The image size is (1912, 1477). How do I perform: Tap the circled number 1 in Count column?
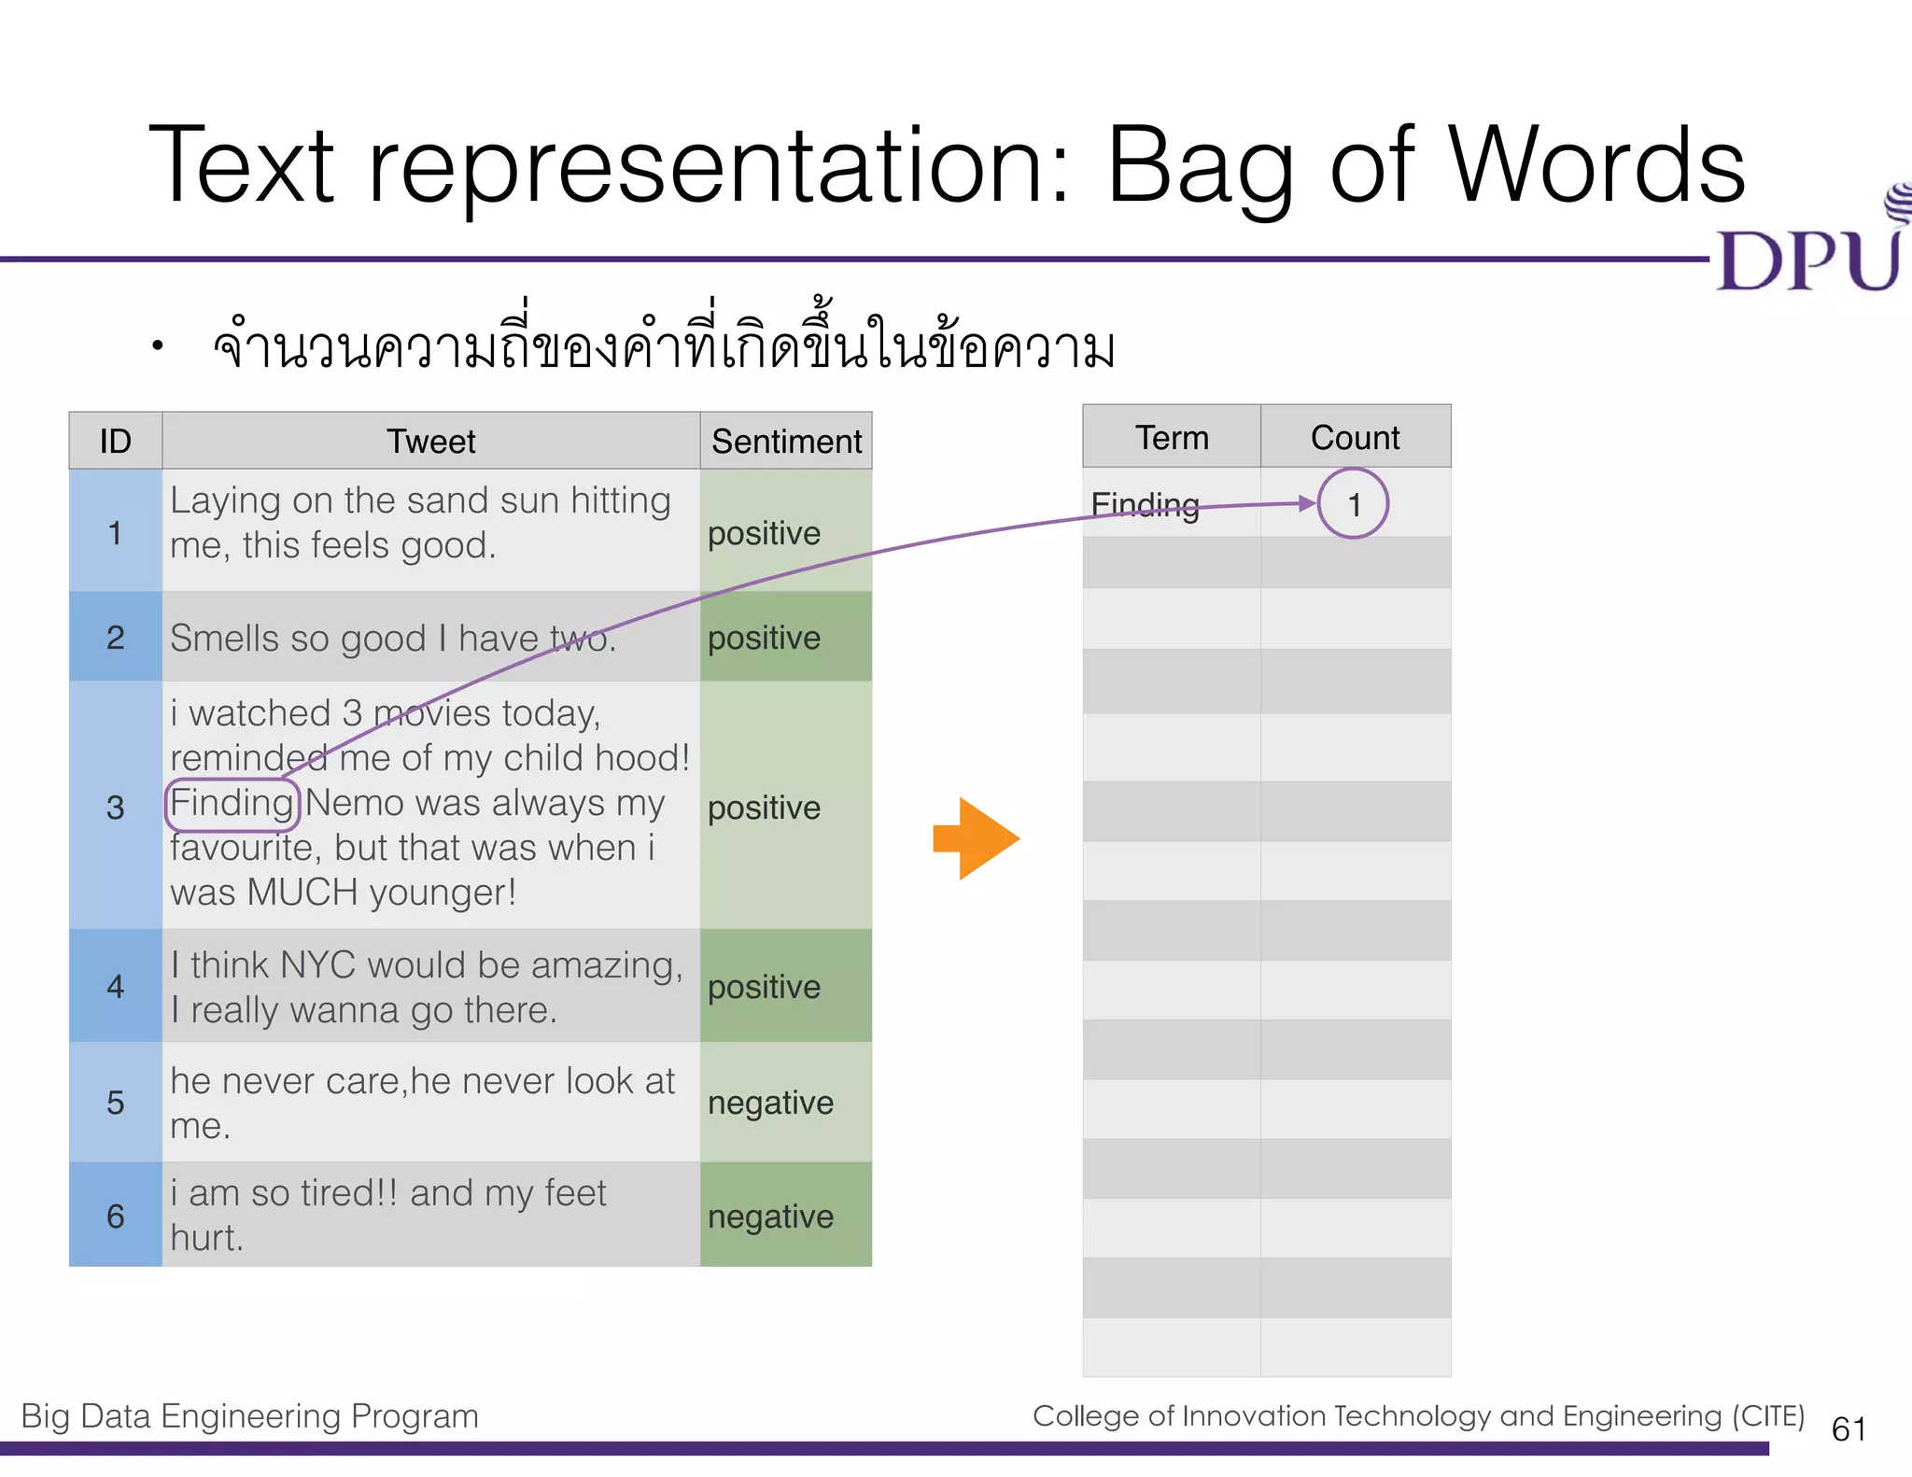click(x=1353, y=505)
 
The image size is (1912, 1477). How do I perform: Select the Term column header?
click(x=1171, y=437)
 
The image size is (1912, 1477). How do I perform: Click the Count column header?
click(x=1355, y=437)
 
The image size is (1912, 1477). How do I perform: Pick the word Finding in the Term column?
click(x=1145, y=504)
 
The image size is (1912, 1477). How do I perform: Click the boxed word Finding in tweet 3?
click(x=232, y=804)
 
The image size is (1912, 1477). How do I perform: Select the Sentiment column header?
click(x=786, y=441)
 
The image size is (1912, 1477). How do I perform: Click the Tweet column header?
click(x=430, y=441)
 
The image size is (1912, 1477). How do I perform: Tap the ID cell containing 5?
click(x=115, y=1103)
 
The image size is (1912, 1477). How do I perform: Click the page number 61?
click(x=1849, y=1429)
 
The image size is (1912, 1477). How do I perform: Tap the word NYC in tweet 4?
click(x=316, y=965)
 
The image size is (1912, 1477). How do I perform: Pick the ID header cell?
click(x=115, y=441)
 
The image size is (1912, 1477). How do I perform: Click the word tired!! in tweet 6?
click(x=349, y=1193)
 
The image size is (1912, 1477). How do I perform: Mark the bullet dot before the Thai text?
click(x=158, y=346)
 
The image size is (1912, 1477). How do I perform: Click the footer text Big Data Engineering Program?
click(x=249, y=1416)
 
